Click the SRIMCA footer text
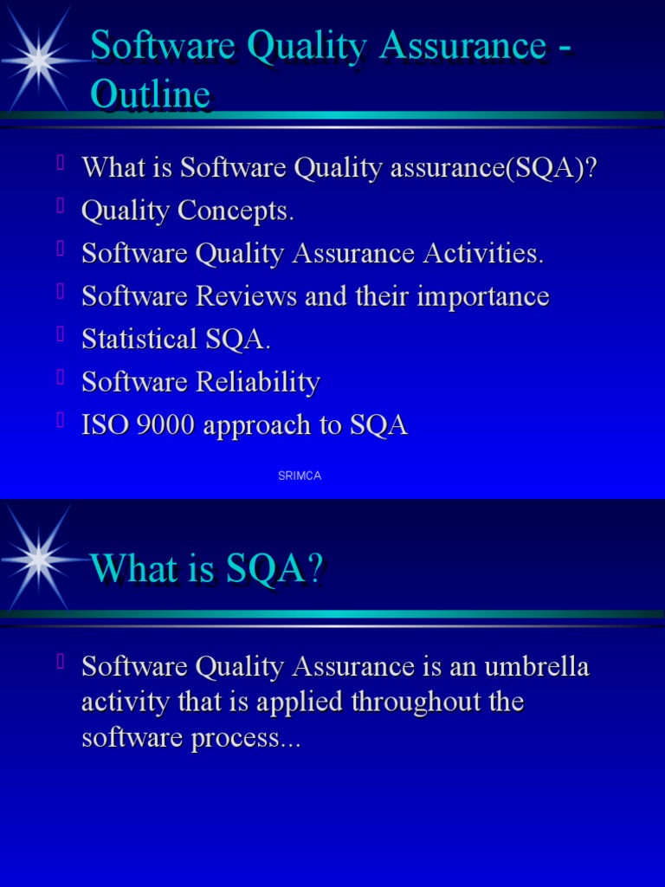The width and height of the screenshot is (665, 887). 300,476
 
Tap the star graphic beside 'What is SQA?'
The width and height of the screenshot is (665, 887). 39,560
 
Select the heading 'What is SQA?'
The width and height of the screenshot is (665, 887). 206,568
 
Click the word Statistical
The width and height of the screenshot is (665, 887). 139,340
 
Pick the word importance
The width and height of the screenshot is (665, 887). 483,297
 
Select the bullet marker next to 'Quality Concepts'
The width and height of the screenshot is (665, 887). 61,205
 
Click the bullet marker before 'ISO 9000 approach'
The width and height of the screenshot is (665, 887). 61,420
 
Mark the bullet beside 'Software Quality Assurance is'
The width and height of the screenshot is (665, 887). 61,662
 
